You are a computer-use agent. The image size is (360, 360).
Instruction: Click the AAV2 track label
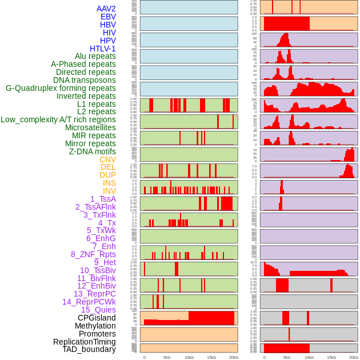point(106,9)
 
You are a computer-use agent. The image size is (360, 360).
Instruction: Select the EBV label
point(108,17)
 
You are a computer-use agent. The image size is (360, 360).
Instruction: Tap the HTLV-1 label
point(102,49)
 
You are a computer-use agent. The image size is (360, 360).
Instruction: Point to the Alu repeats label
point(95,56)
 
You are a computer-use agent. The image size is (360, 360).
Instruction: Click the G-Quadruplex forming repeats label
point(61,88)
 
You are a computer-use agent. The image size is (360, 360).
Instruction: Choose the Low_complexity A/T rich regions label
point(58,119)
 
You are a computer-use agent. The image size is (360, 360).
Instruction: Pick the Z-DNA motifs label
point(92,151)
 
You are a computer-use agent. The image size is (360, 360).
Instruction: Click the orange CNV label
point(107,159)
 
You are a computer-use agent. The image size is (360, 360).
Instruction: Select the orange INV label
point(109,191)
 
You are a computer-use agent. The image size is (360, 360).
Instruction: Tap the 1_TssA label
point(103,199)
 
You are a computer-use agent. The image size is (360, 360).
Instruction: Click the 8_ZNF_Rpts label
point(93,254)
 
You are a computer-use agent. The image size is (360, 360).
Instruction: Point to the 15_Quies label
point(98,310)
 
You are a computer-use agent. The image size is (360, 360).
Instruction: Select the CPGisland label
point(97,318)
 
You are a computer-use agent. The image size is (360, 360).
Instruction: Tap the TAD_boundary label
point(89,349)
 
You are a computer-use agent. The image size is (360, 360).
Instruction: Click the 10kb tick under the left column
point(189,357)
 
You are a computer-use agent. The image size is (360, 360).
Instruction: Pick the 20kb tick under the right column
point(354,357)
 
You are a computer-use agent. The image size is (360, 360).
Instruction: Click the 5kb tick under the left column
point(167,357)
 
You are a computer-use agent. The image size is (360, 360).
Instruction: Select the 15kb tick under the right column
point(331,357)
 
